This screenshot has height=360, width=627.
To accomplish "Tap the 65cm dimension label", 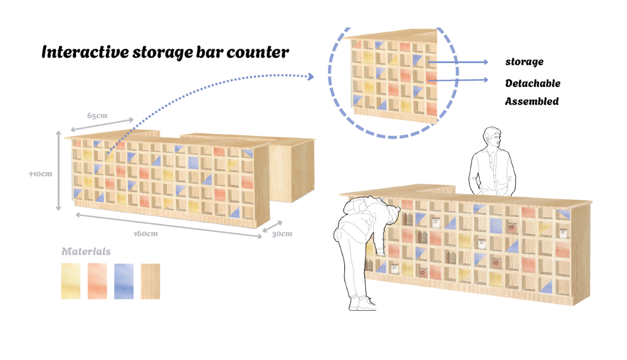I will pyautogui.click(x=97, y=115).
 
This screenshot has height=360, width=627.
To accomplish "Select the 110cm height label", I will pyautogui.click(x=40, y=174).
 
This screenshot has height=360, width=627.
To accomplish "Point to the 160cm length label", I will pyautogui.click(x=146, y=234).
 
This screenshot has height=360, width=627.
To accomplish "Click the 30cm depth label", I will pyautogui.click(x=281, y=234).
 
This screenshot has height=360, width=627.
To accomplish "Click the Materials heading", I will pyautogui.click(x=86, y=252).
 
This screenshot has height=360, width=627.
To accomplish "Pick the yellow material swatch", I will pyautogui.click(x=71, y=281).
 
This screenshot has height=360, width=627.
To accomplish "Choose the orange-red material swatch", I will pyautogui.click(x=97, y=281).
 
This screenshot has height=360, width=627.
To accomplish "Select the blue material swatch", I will pyautogui.click(x=124, y=281).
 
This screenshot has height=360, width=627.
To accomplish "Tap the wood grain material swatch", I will pyautogui.click(x=150, y=281).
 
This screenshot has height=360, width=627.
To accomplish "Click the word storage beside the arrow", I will pyautogui.click(x=524, y=62).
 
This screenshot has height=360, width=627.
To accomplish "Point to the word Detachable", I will pyautogui.click(x=533, y=83).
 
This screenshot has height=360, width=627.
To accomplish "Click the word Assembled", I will pyautogui.click(x=532, y=102).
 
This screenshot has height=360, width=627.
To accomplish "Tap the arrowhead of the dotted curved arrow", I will pyautogui.click(x=311, y=77).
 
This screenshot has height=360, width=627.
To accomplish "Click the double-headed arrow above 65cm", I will pyautogui.click(x=102, y=124).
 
